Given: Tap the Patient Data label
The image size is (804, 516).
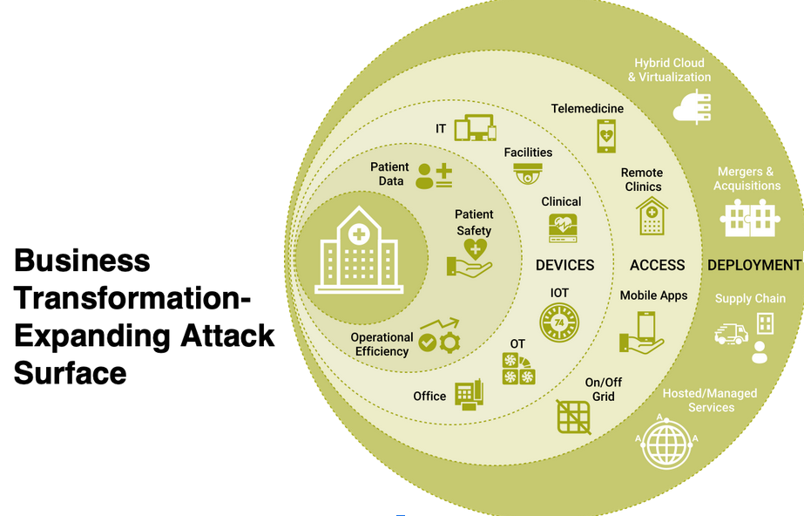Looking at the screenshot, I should (x=389, y=174).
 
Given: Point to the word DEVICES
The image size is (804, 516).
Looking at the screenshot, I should (x=564, y=265).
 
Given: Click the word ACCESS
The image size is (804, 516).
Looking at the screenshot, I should (x=658, y=265).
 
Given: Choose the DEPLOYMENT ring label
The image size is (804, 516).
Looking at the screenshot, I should (x=753, y=265).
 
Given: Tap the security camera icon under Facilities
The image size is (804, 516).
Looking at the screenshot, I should (x=528, y=173).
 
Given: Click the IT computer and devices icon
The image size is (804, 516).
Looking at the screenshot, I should (x=475, y=128).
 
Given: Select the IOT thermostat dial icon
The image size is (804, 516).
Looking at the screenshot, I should (x=559, y=322).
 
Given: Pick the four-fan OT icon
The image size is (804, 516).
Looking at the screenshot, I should (x=518, y=369).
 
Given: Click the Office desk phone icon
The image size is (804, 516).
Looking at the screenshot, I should (x=470, y=395).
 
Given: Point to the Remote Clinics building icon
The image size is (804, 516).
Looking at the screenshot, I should (x=652, y=215).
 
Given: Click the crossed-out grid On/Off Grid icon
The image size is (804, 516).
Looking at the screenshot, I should (x=574, y=416).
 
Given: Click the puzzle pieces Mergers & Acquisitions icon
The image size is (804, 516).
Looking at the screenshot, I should (x=749, y=218).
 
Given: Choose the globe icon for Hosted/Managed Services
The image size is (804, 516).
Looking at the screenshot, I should (x=666, y=443).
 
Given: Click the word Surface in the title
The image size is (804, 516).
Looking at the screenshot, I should (x=71, y=372).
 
